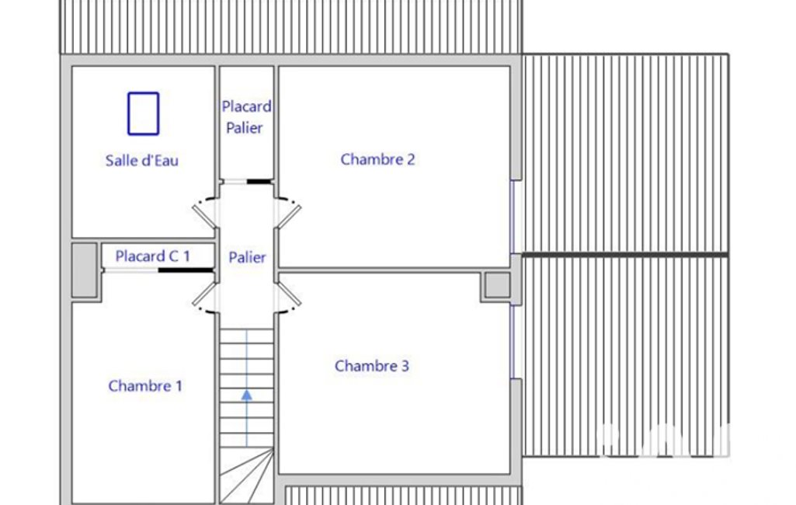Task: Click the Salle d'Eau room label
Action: [141, 161]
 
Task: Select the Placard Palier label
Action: [246, 117]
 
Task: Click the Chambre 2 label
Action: [377, 159]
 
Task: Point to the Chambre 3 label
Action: [372, 366]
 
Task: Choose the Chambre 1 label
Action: [145, 386]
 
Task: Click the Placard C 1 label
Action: [152, 256]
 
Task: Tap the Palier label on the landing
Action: [247, 258]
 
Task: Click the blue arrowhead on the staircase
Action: [247, 395]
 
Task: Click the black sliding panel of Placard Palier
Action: [259, 181]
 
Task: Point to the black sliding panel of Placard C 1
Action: [186, 270]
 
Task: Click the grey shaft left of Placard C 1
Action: [85, 270]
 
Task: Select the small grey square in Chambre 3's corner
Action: [498, 285]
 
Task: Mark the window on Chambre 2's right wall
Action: [513, 217]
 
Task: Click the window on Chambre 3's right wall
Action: [513, 341]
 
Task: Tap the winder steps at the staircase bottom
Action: [247, 475]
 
